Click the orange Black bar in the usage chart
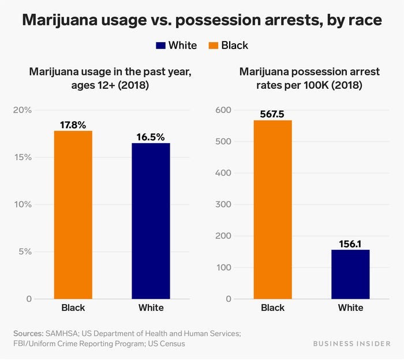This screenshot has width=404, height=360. [73, 215]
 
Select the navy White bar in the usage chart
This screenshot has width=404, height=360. [151, 220]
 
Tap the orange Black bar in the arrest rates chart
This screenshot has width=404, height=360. [272, 209]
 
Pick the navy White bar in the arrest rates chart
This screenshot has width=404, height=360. [350, 274]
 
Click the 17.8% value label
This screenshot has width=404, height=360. [73, 125]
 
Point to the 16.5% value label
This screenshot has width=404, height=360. [151, 137]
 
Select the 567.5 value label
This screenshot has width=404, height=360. [272, 114]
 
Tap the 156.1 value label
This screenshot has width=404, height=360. [350, 244]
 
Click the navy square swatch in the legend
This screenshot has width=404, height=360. [160, 46]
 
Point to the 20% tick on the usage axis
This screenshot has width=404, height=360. [23, 110]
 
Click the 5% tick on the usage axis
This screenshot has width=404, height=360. [25, 252]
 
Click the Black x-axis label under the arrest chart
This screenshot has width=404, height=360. [272, 307]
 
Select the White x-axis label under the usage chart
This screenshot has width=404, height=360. [151, 307]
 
